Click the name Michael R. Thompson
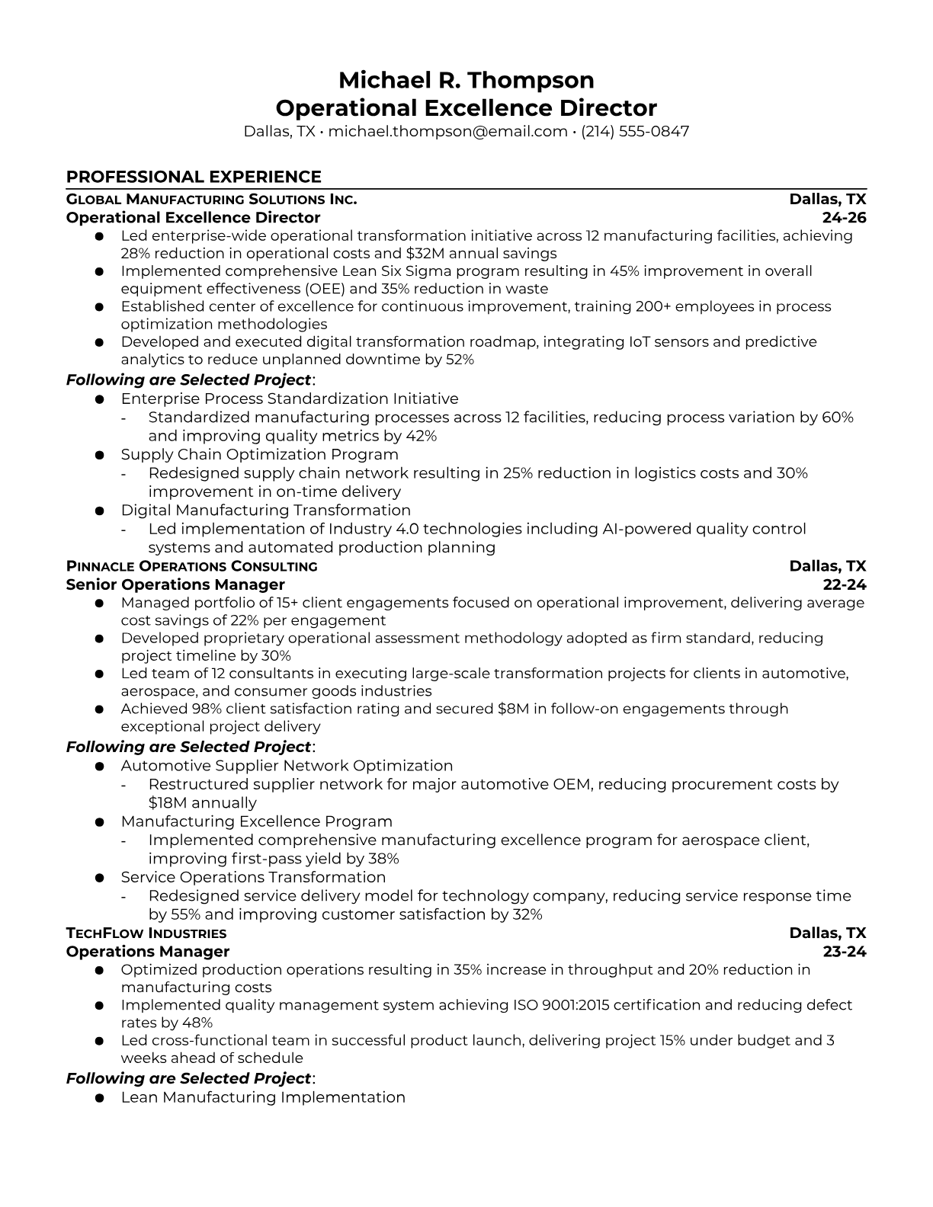(x=466, y=80)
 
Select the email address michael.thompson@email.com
(x=447, y=131)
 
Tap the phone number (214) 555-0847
(x=635, y=131)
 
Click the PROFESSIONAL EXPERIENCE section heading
(x=194, y=177)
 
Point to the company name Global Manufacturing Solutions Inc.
(x=211, y=200)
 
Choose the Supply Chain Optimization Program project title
(x=259, y=455)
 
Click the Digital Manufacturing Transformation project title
(x=265, y=511)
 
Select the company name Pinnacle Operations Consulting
(x=191, y=566)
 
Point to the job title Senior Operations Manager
(x=175, y=584)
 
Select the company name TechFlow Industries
(x=146, y=933)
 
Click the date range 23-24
(x=845, y=952)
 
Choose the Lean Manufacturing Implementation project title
(x=263, y=1097)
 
